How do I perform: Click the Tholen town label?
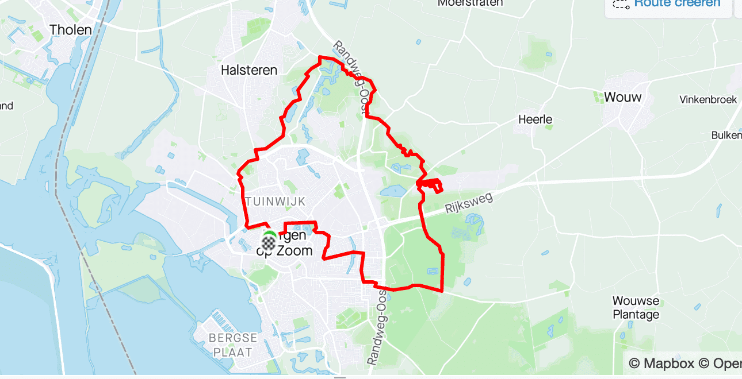pyautogui.click(x=71, y=29)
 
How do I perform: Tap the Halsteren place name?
pyautogui.click(x=249, y=70)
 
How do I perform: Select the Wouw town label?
pyautogui.click(x=622, y=97)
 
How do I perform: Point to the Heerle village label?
pyautogui.click(x=535, y=119)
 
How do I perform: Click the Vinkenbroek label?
pyautogui.click(x=707, y=99)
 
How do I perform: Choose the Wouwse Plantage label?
pyautogui.click(x=636, y=308)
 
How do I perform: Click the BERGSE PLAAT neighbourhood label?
pyautogui.click(x=232, y=345)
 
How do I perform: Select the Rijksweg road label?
pyautogui.click(x=469, y=204)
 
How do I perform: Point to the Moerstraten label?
pyautogui.click(x=470, y=3)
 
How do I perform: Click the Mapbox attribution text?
pyautogui.click(x=661, y=363)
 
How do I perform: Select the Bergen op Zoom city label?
pyautogui.click(x=290, y=243)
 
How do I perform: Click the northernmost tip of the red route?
pyautogui.click(x=320, y=56)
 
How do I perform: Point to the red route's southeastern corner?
pyautogui.click(x=442, y=291)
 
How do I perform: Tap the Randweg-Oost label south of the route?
pyautogui.click(x=377, y=326)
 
